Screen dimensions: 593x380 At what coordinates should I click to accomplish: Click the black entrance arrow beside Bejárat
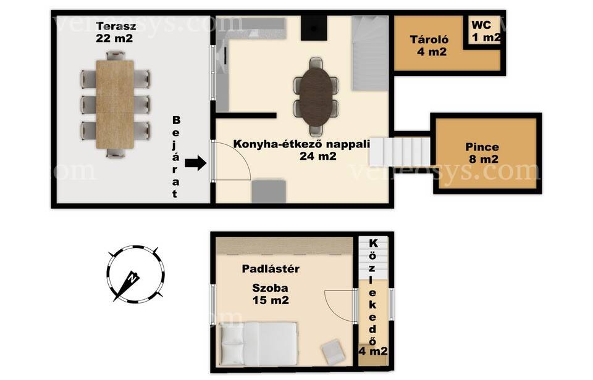pos(196,163)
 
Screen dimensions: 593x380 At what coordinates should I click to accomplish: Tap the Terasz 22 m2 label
pos(115,32)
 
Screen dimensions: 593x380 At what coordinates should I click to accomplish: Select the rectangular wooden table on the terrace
pos(115,104)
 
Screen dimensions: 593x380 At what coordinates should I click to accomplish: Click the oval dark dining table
pos(316,97)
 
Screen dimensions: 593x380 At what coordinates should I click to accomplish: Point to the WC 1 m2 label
pos(486,31)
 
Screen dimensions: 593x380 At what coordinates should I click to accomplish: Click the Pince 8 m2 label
pos(482,152)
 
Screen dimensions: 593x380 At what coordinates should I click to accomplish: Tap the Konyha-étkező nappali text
pos(301,144)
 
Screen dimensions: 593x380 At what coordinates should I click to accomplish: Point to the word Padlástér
pos(271,268)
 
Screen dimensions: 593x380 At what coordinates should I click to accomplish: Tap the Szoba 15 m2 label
pos(271,294)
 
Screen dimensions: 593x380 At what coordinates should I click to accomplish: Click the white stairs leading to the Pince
pos(400,152)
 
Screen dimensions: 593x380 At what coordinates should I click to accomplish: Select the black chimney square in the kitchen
pos(314,28)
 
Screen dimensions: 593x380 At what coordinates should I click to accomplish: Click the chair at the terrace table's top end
pos(116,56)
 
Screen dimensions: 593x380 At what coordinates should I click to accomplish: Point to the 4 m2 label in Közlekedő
pos(373,351)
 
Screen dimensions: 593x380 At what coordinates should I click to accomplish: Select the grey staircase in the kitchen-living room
pos(370,53)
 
